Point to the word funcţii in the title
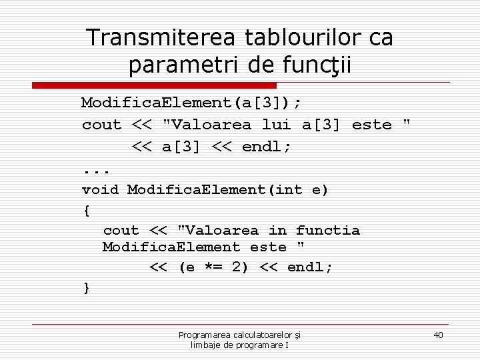pos(317,65)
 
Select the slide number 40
pos(438,335)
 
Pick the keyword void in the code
pos(100,189)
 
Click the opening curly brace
pos(85,210)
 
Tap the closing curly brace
pos(85,287)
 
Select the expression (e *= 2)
pos(215,267)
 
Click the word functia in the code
pos(327,230)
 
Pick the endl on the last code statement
pos(309,267)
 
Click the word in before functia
pos(277,230)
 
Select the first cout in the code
pos(101,124)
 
